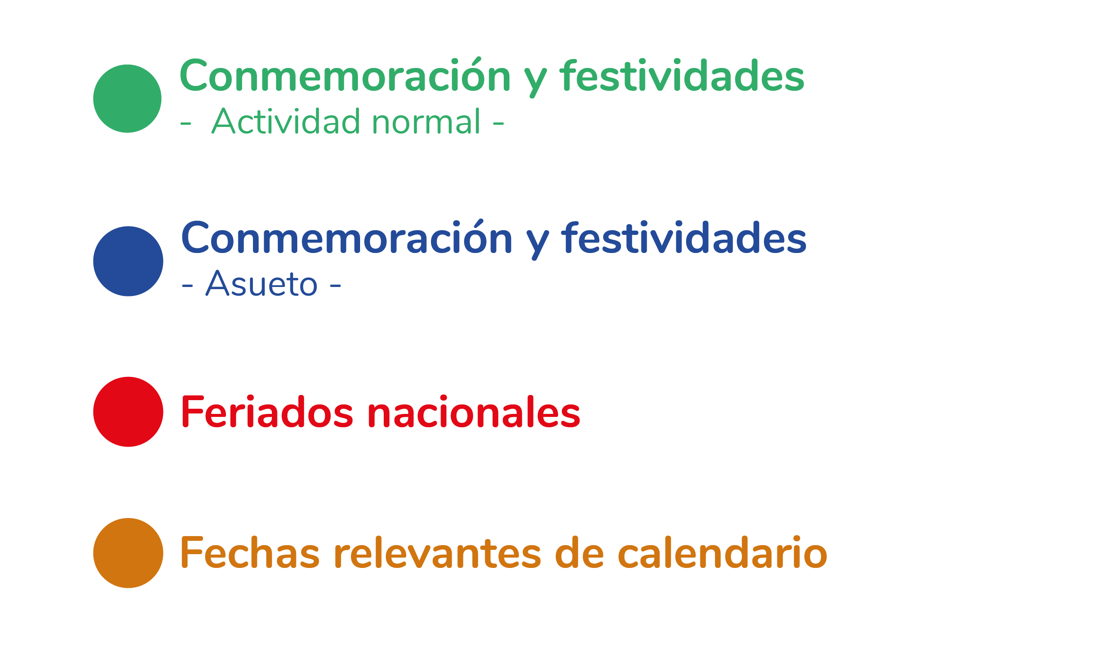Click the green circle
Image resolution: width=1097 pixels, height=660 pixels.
coord(127,99)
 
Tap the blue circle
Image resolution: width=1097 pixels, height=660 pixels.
coord(128,261)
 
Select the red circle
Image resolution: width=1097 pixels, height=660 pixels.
coord(128,412)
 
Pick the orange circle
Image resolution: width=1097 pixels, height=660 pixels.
coord(128,553)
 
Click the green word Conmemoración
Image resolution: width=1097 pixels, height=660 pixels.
coord(345,75)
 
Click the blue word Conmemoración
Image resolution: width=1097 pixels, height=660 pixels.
coord(346,237)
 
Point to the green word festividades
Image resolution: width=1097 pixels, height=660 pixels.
coord(682,76)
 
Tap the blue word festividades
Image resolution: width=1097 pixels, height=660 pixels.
coord(684,238)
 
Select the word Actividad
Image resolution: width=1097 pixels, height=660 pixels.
coord(286,121)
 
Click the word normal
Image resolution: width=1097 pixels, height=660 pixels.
coord(426,121)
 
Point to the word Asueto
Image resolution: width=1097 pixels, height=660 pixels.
coord(262,283)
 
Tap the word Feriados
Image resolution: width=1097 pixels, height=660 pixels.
coord(267,412)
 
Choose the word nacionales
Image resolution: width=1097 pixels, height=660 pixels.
coord(474,412)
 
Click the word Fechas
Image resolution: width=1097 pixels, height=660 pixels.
coord(250,553)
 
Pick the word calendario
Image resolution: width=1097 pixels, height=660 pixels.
coord(722,553)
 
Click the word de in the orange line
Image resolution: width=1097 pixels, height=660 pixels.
coord(579,553)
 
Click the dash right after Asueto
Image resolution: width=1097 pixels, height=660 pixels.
coord(335,285)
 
